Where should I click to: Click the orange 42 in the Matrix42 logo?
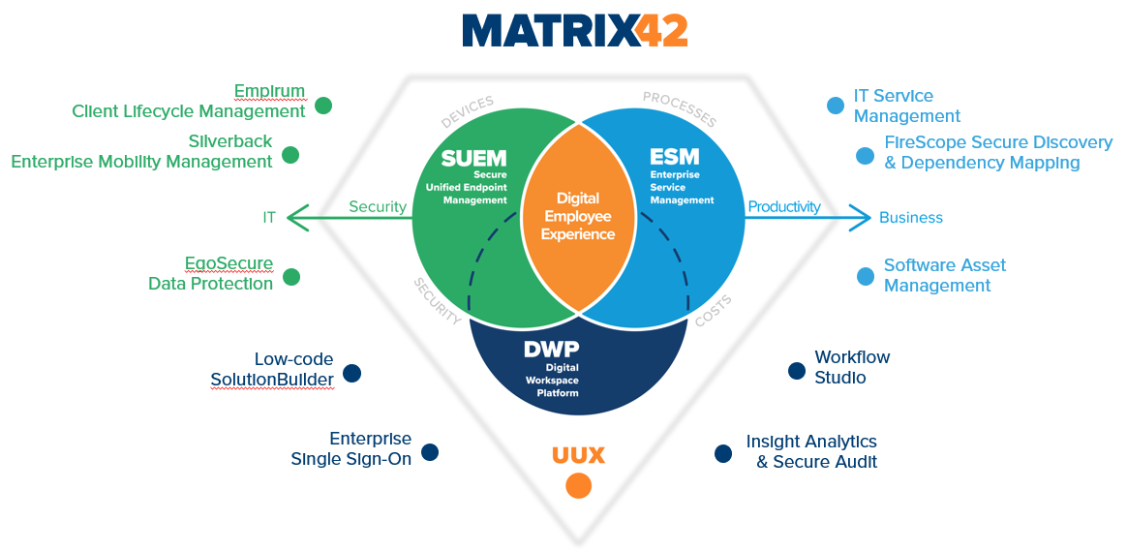coord(662,30)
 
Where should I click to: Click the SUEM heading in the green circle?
coord(468,158)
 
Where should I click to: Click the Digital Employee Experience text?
coord(578,216)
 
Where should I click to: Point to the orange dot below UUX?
coord(578,485)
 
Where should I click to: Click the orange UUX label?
coord(578,455)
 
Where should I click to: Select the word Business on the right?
coord(910,218)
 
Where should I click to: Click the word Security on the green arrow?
coord(378,206)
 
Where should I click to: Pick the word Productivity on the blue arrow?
coord(784,206)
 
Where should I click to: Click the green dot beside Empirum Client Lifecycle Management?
coord(323,105)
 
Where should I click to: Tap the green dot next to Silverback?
coord(290,155)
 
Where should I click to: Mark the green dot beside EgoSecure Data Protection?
coord(290,277)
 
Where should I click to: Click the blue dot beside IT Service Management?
coord(836,106)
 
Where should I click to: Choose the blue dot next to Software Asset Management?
coord(866,277)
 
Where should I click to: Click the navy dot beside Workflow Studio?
coord(797,370)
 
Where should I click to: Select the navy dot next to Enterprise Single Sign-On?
coord(430,452)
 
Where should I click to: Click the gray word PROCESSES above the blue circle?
coord(680,109)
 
